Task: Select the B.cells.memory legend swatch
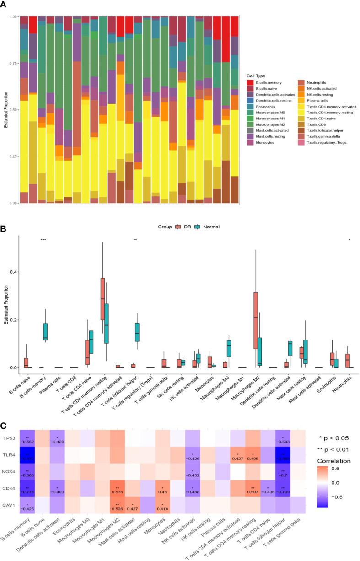[x=251, y=82]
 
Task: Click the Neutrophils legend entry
[x=319, y=82]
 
